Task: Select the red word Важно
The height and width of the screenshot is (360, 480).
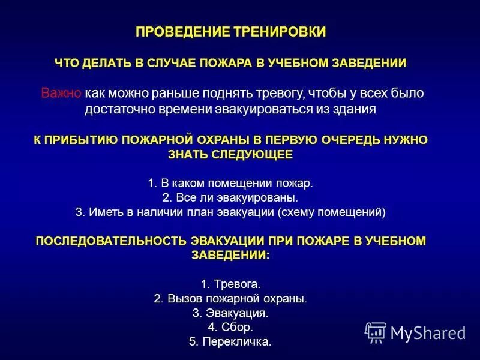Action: pyautogui.click(x=61, y=94)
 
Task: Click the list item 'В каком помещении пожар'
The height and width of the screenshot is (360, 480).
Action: pyautogui.click(x=230, y=182)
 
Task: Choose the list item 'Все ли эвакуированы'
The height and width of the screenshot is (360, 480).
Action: pyautogui.click(x=230, y=197)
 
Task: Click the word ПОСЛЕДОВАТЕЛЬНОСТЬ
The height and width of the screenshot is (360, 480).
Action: pyautogui.click(x=112, y=241)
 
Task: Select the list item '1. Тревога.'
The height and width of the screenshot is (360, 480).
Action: pyautogui.click(x=230, y=283)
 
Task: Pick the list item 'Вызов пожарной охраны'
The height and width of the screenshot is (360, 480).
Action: pyautogui.click(x=230, y=298)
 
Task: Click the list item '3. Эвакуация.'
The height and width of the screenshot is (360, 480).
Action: pyautogui.click(x=230, y=313)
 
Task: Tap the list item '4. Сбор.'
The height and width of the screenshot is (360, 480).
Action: pyautogui.click(x=230, y=328)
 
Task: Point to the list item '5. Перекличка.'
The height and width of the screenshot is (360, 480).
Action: pyautogui.click(x=230, y=343)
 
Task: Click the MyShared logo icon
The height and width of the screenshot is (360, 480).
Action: pyautogui.click(x=376, y=332)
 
